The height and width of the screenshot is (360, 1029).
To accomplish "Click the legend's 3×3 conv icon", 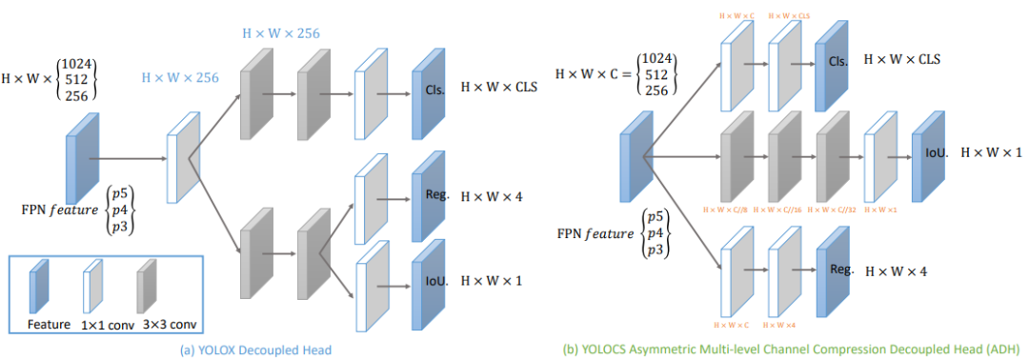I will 147,287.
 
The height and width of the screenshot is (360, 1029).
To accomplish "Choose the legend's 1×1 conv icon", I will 93,287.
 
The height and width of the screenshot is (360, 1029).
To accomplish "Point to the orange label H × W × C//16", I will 784,208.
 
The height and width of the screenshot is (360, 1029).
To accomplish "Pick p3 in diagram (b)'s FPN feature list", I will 655,249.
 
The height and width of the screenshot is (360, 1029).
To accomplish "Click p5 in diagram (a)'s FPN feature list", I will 121,193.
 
